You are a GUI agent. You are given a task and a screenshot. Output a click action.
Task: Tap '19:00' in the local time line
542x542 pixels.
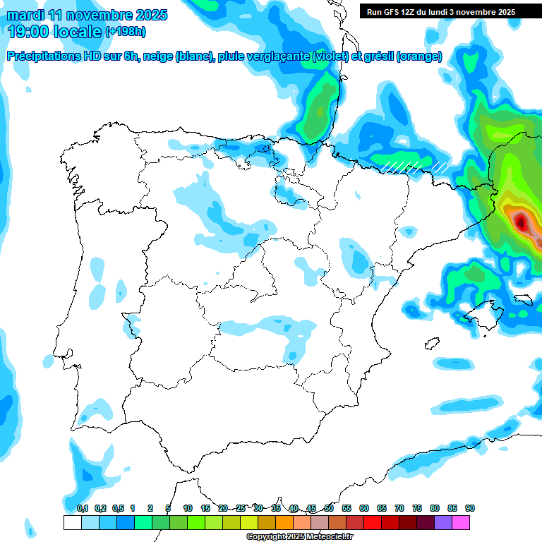(x=29, y=32)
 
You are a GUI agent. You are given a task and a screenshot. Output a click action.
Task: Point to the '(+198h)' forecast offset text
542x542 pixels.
(x=125, y=32)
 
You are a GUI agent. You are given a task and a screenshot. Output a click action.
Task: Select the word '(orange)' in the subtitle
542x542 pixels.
(x=420, y=56)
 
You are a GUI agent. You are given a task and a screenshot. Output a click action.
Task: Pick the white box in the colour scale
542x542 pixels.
(x=72, y=522)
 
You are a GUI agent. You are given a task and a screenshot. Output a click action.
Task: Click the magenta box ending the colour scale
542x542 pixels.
(x=461, y=522)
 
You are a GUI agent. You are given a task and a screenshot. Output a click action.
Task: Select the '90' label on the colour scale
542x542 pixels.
(x=469, y=508)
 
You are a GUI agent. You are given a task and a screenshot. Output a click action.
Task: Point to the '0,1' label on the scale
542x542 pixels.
(x=82, y=508)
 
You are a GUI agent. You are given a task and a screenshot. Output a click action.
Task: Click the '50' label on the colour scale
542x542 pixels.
(x=329, y=508)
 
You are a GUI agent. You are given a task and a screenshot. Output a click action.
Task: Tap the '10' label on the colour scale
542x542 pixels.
(x=188, y=508)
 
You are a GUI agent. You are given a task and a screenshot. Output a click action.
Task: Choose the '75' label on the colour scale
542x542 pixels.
(x=417, y=508)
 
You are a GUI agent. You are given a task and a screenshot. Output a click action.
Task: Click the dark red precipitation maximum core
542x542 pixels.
(x=521, y=223)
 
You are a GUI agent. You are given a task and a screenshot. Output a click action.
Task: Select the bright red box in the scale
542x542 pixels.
(x=373, y=522)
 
